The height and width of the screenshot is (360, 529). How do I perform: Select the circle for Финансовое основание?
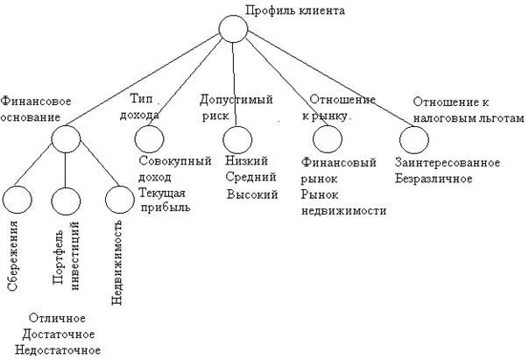pyautogui.click(x=64, y=138)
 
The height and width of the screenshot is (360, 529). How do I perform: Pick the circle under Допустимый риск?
pyautogui.click(x=236, y=139)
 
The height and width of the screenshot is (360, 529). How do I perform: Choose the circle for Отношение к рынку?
pyautogui.click(x=326, y=138)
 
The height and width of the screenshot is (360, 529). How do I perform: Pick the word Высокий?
pyautogui.click(x=251, y=194)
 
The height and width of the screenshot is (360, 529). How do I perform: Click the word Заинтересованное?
pyautogui.click(x=448, y=163)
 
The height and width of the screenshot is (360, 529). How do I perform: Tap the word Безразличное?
pyautogui.click(x=434, y=179)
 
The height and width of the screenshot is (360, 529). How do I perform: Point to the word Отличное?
pyautogui.click(x=58, y=319)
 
